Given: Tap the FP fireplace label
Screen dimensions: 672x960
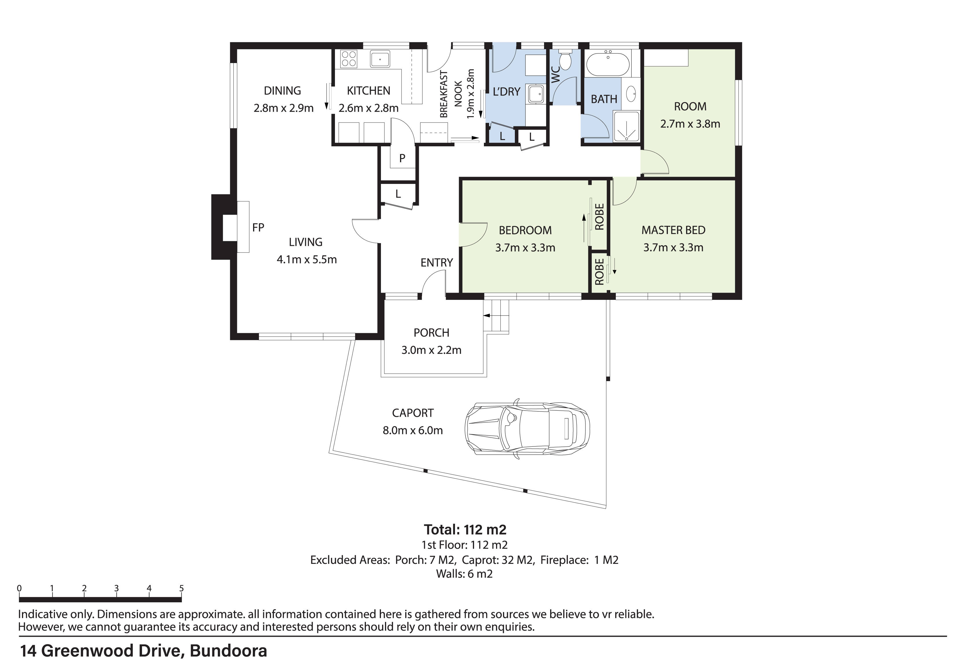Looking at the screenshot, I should pos(258,227).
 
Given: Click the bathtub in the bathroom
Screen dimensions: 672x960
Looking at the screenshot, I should pos(607,64).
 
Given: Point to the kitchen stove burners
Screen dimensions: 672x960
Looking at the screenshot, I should pos(348,59).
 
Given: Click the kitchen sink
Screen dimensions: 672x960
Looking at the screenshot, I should pos(380,59).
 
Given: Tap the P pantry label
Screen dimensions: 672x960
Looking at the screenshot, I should pos(402,158).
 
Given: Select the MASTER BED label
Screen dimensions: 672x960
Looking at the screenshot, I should pos(673,230).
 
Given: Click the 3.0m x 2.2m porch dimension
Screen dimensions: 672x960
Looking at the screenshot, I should pos(431,350).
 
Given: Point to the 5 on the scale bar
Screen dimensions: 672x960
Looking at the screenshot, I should pos(181,588).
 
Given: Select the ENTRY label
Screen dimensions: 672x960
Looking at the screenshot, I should pos(436,263).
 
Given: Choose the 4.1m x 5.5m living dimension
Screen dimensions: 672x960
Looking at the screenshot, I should pos(307,260).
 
